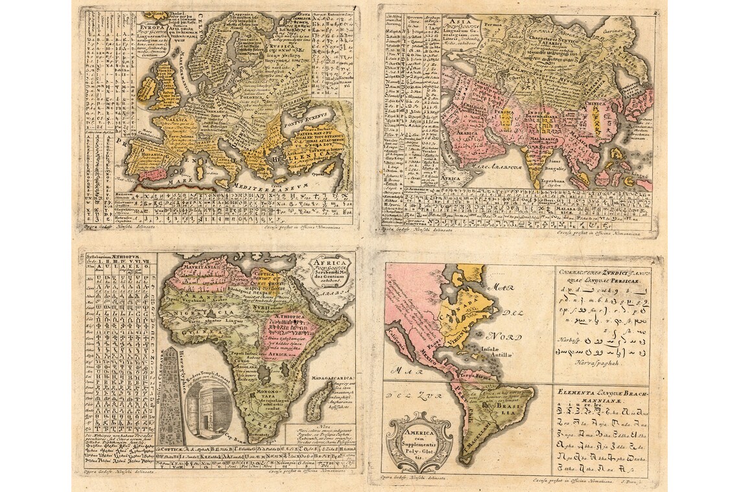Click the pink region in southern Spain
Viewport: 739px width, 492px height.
coord(154,173)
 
